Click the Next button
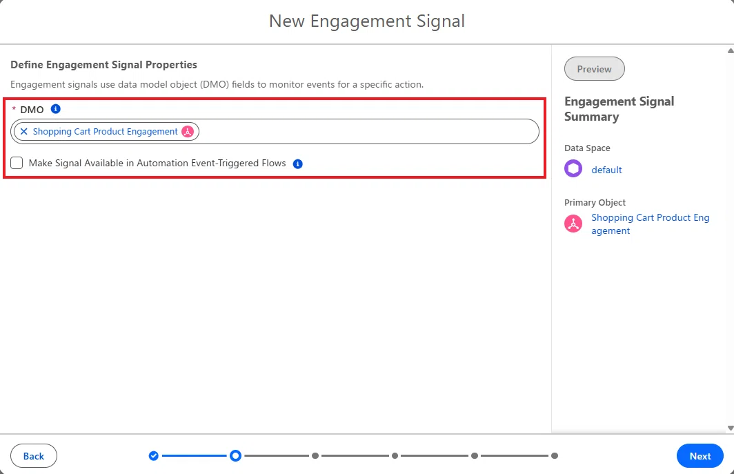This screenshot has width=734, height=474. coord(700,456)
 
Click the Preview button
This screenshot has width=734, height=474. coord(594,69)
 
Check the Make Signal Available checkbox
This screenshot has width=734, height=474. coord(17,163)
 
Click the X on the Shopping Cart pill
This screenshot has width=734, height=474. coord(24,131)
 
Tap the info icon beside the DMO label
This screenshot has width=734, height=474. coord(56,109)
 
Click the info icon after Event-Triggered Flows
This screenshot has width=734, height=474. coord(298,164)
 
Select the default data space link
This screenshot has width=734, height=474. coord(606,170)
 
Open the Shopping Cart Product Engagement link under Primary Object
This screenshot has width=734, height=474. coord(651,224)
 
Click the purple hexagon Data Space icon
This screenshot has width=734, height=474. coord(573,168)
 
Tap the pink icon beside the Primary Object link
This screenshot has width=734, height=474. coord(573,224)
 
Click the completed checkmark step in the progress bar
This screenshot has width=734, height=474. coord(154,456)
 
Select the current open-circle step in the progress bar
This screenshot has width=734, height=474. coord(235,456)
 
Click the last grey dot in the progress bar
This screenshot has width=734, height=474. coord(554,456)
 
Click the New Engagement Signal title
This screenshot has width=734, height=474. coord(367,21)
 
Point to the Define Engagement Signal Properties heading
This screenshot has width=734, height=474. coord(104,65)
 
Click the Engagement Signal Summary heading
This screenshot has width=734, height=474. coord(619,108)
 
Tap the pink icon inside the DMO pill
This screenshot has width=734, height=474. coord(188,132)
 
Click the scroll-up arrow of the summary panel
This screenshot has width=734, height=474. coord(731,50)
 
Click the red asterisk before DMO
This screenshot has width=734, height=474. coord(14,108)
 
